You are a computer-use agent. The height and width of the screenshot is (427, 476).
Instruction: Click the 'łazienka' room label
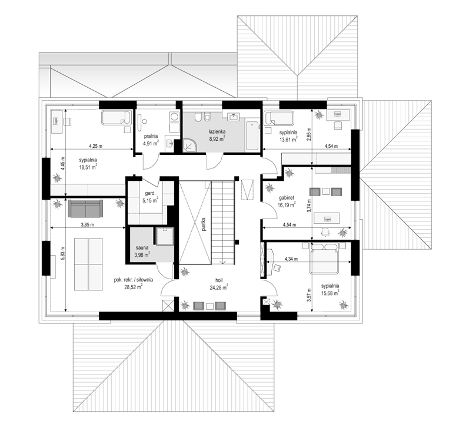point(217,131)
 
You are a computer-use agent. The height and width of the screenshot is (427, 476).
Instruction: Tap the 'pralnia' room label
point(151,136)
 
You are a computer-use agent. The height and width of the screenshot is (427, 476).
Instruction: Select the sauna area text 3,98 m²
point(142,254)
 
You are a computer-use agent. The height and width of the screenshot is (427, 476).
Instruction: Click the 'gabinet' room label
point(287,197)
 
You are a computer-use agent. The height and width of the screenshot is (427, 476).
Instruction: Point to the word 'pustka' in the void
point(204,224)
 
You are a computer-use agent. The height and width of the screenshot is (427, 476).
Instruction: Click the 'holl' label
point(219,281)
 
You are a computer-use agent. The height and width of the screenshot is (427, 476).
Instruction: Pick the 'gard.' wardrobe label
point(150,193)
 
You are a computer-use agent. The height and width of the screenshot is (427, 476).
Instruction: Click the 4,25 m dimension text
point(96,146)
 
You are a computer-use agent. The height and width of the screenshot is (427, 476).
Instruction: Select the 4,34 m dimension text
point(291,259)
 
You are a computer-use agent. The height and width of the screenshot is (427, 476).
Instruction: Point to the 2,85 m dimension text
point(309,133)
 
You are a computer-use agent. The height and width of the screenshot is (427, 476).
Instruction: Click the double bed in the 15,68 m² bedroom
point(324,259)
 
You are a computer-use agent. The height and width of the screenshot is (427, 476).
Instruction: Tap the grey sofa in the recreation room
point(85,208)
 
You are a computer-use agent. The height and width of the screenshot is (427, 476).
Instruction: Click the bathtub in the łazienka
point(252,135)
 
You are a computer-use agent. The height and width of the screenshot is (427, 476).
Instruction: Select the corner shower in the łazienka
point(189,145)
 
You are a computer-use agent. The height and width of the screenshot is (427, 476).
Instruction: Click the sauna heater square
point(165,236)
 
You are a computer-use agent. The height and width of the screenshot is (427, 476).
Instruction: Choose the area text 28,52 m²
point(134,287)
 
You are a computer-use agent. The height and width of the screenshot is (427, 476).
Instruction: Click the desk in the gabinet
point(327,218)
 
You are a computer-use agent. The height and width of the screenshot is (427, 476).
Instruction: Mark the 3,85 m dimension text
point(88,225)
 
